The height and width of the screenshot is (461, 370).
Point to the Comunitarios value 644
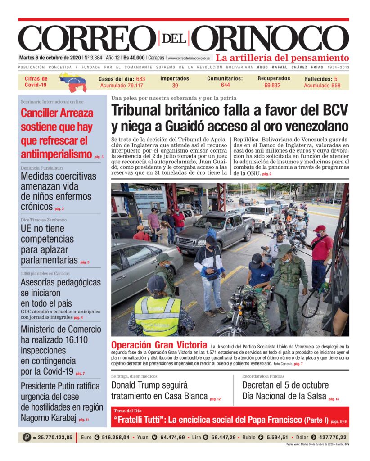pyautogui.click(x=225, y=85)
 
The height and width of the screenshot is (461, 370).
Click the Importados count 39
pyautogui.click(x=175, y=86)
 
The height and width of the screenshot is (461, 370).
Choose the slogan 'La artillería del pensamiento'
pyautogui.click(x=282, y=58)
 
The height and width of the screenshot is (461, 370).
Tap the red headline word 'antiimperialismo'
pyautogui.click(x=56, y=155)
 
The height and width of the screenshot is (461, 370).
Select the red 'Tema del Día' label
pyautogui.click(x=127, y=411)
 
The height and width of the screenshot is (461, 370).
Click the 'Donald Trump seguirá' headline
pyautogui.click(x=149, y=385)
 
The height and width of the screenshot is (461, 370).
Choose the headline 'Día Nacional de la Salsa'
pyautogui.click(x=284, y=397)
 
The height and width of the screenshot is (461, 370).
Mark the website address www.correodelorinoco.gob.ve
pyautogui.click(x=189, y=58)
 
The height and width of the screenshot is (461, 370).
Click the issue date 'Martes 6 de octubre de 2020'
pyautogui.click(x=50, y=58)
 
